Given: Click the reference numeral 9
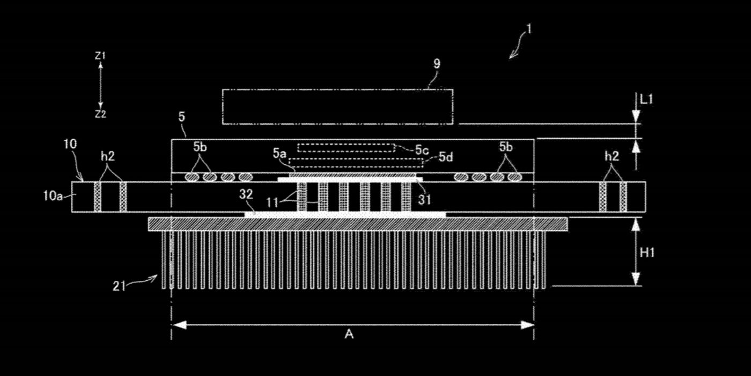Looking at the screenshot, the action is click(x=437, y=63).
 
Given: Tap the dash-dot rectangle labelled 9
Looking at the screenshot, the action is click(x=337, y=90).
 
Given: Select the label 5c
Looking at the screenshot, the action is click(x=422, y=150).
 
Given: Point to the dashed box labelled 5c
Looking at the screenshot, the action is click(x=347, y=144).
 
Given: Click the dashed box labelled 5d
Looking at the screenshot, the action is click(x=356, y=159).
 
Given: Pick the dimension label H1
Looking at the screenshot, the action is click(x=647, y=253).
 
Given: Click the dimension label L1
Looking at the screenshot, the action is click(x=646, y=99).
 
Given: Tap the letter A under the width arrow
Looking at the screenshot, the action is click(x=349, y=334).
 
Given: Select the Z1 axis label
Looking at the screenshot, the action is click(x=100, y=56).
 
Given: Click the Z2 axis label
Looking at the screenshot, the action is click(x=100, y=114).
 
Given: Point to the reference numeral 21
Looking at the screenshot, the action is click(x=119, y=286).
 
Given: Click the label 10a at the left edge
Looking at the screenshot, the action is click(x=53, y=196).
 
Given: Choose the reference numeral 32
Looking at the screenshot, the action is click(x=246, y=194).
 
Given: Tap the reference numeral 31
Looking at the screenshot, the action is click(x=424, y=200).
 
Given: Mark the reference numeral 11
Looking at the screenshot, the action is click(x=273, y=203).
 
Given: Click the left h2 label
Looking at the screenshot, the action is click(x=108, y=156).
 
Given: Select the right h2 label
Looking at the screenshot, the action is click(x=612, y=156).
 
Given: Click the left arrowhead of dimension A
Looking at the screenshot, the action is click(x=178, y=324).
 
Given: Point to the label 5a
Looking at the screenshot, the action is click(x=279, y=154).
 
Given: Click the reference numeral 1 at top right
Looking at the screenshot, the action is click(x=529, y=30).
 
